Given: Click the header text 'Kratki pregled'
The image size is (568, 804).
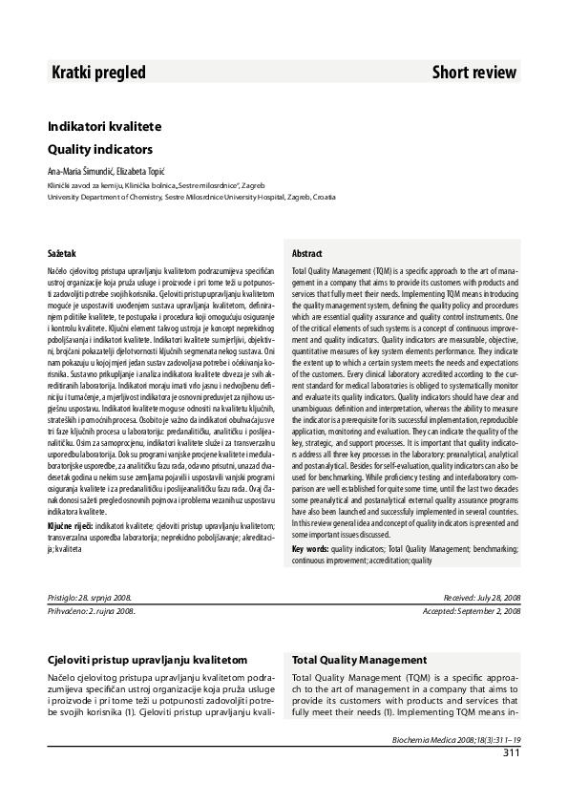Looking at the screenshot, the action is pyautogui.click(x=98, y=73).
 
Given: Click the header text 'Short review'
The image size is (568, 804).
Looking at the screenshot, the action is pyautogui.click(x=474, y=73).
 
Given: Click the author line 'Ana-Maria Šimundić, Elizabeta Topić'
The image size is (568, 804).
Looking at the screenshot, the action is pyautogui.click(x=113, y=171).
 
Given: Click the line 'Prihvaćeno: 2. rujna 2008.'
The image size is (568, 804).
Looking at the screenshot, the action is pyautogui.click(x=92, y=609).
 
